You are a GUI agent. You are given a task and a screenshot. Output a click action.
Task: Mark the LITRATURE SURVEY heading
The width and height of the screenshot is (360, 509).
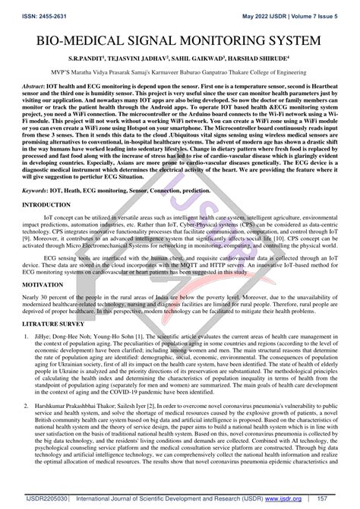click(x=55, y=332)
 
